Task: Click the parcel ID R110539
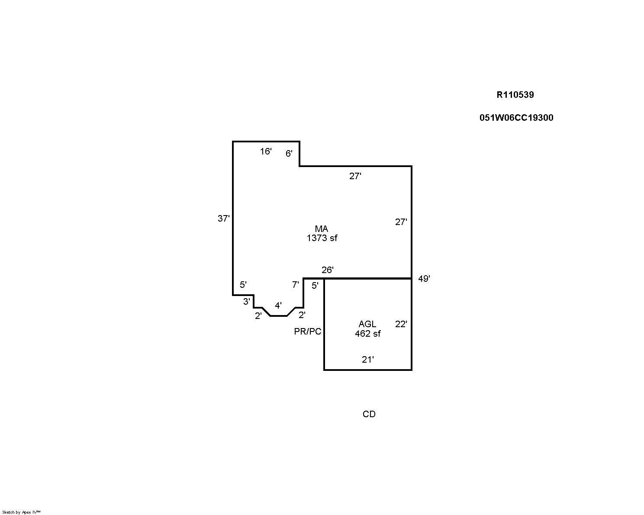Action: (x=515, y=95)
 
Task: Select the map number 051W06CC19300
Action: (x=516, y=118)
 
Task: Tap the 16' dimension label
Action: (x=266, y=151)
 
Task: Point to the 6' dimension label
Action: (x=289, y=154)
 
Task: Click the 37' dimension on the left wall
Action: (x=224, y=219)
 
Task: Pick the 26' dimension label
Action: (x=327, y=270)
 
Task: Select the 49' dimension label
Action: (x=424, y=279)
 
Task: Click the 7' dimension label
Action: (x=295, y=285)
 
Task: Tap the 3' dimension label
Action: (x=246, y=302)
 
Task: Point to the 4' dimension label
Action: (x=278, y=306)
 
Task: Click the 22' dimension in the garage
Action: (x=401, y=324)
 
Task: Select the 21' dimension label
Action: (x=368, y=360)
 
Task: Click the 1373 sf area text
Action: (x=322, y=238)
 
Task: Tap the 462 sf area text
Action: (x=368, y=334)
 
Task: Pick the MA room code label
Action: (x=322, y=229)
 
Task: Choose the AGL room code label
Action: (x=367, y=324)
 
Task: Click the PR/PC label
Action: (x=308, y=332)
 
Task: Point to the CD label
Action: (x=369, y=414)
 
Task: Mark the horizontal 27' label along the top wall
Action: (x=355, y=176)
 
